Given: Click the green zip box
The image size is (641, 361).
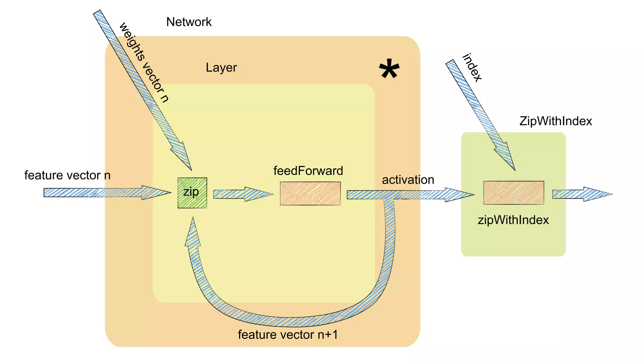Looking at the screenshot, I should pyautogui.click(x=192, y=193).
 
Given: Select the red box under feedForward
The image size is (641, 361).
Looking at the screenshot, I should pyautogui.click(x=310, y=193).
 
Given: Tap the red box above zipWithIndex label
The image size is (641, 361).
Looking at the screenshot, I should pyautogui.click(x=514, y=193).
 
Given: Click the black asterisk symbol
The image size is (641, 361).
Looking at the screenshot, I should pyautogui.click(x=389, y=70).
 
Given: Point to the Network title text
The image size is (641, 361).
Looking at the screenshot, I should pyautogui.click(x=189, y=22).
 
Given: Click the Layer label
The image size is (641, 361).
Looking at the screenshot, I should pyautogui.click(x=221, y=68).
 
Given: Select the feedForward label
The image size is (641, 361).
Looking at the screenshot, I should pyautogui.click(x=308, y=171).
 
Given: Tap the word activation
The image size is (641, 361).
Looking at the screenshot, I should pyautogui.click(x=408, y=180).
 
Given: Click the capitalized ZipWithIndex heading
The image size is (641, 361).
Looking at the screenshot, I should pyautogui.click(x=556, y=121).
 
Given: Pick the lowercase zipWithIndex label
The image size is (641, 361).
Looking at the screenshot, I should pyautogui.click(x=513, y=220).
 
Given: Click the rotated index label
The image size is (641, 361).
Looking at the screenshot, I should pyautogui.click(x=472, y=68).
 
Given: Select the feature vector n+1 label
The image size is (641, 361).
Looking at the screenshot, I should pyautogui.click(x=288, y=335).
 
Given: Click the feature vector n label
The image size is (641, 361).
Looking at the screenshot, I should pyautogui.click(x=67, y=175).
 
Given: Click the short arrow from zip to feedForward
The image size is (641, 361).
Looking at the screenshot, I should pyautogui.click(x=243, y=194).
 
